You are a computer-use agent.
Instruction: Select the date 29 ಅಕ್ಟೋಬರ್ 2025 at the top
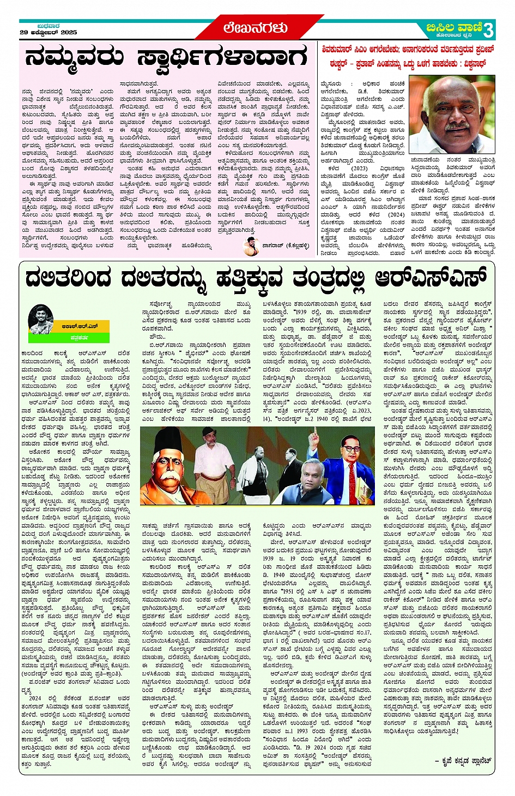(48, 33)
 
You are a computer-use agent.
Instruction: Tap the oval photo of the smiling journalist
(41, 319)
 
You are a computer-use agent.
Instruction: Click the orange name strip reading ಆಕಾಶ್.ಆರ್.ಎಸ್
(80, 326)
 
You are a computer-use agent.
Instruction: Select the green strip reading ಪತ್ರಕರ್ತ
(80, 338)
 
